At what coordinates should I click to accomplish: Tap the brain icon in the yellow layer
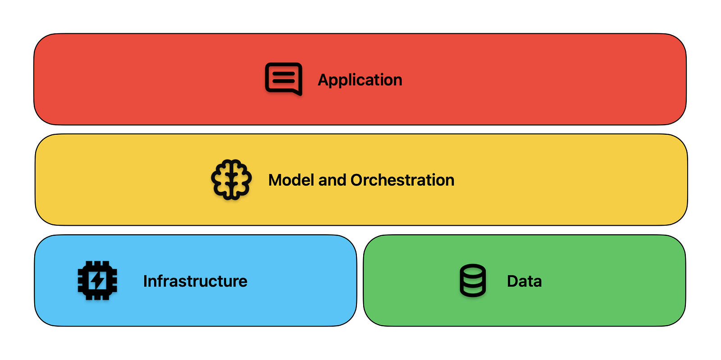232,179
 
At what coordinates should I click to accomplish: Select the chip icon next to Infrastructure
97,281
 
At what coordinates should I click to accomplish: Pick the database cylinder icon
473,280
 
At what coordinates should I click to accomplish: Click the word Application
360,80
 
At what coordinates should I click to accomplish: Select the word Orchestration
402,180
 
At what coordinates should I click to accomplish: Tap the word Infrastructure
196,281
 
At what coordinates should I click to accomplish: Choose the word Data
525,281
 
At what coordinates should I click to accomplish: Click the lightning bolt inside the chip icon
97,281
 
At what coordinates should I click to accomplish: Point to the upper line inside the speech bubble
283,74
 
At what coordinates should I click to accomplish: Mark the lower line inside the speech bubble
283,82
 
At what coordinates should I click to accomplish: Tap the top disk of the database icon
473,270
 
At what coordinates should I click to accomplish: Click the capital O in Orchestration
358,180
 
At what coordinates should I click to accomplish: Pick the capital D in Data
513,281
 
